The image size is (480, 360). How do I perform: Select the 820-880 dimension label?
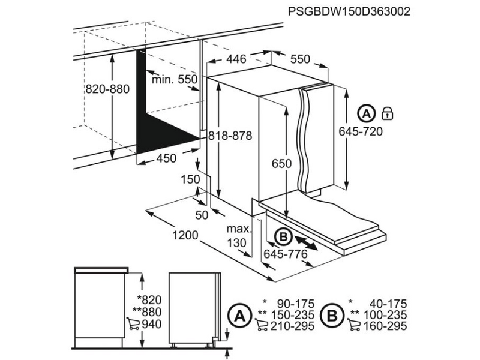[x=107, y=89]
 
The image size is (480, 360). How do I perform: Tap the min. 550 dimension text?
[x=175, y=79]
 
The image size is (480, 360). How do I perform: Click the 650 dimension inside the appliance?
[x=281, y=164]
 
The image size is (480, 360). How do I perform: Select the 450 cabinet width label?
[x=166, y=158]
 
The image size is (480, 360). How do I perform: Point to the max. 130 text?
[x=237, y=236]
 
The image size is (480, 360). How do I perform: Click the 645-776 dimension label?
[x=286, y=255]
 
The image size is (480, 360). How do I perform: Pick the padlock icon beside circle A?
[x=388, y=112]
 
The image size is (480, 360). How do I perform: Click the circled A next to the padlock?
[x=366, y=112]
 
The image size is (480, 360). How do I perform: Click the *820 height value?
[x=149, y=300]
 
